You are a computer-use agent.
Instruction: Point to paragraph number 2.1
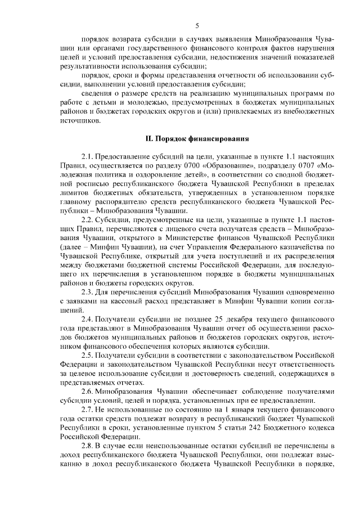[x=88, y=154]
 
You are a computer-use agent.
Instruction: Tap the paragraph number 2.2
[x=88, y=219]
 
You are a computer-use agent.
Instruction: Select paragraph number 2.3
[x=88, y=292]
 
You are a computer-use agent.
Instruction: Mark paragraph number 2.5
[x=88, y=357]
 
